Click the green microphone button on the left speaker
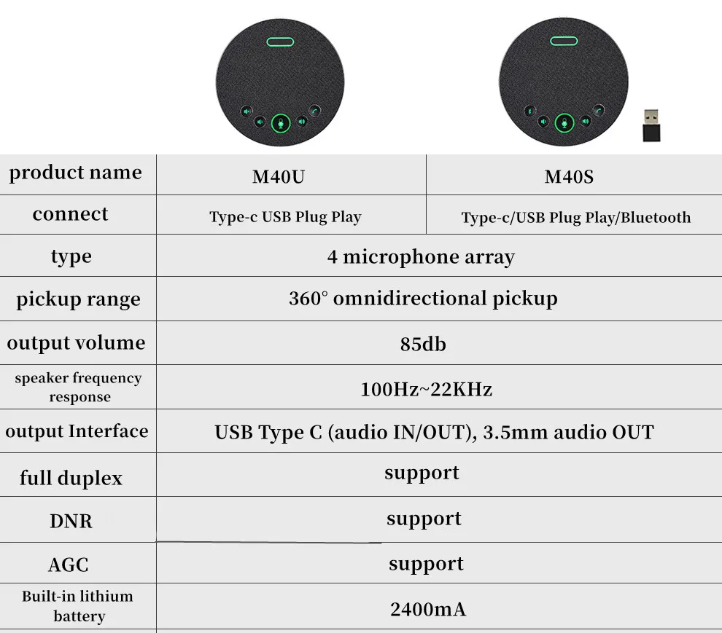(281, 124)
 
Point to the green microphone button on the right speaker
(564, 124)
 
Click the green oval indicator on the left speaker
(279, 42)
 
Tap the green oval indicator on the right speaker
(564, 42)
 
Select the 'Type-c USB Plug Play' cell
(285, 217)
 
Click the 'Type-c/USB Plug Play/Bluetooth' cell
(575, 217)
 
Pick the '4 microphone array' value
(421, 256)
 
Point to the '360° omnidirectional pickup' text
(423, 299)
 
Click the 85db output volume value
(423, 344)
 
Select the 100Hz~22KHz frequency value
(426, 389)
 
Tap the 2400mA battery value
(427, 608)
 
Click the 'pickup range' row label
(78, 299)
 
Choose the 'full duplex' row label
(71, 478)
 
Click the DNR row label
(71, 522)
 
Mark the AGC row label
(69, 565)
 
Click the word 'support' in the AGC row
(426, 564)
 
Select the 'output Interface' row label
(77, 431)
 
